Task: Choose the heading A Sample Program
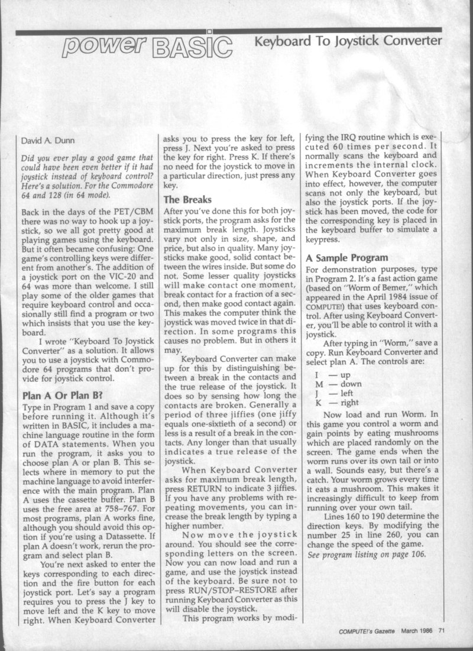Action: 346,258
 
